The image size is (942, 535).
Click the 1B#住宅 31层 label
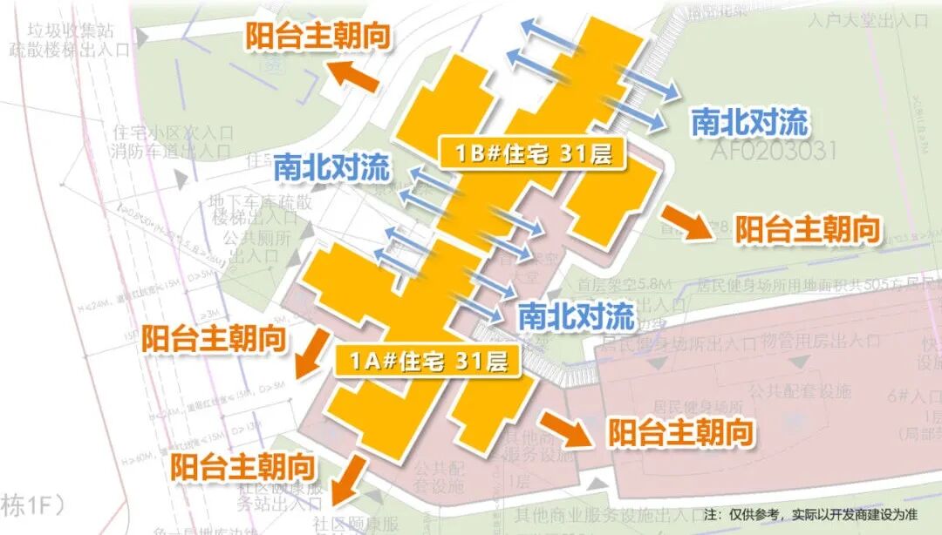[x=533, y=154]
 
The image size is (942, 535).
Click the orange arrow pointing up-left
[x=357, y=78]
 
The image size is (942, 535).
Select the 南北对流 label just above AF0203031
[x=749, y=122]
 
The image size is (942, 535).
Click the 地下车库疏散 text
[x=259, y=201]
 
